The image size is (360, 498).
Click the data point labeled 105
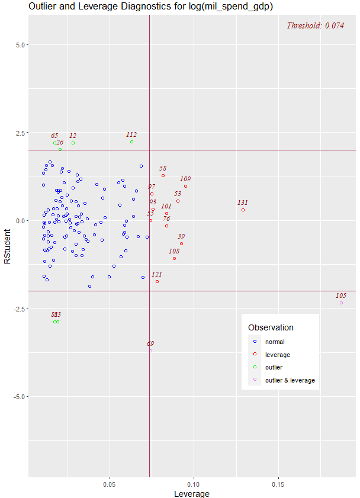coord(342,303)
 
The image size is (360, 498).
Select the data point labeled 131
coord(243,210)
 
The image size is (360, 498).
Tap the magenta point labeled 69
coord(150,351)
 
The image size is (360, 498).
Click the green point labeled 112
coord(131,142)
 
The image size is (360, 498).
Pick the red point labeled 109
coord(185,186)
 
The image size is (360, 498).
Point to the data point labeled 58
coord(163,175)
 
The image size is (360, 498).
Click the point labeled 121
coord(157,281)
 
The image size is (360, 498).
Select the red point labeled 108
coord(174,258)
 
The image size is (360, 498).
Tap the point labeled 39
coord(181,243)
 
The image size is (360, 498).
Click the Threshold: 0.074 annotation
coord(315,25)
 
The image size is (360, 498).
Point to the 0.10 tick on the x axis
coord(194,483)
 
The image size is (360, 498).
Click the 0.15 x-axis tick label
coord(278,483)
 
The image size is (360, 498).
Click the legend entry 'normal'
coord(275,342)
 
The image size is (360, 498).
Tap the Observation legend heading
coord(271,327)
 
